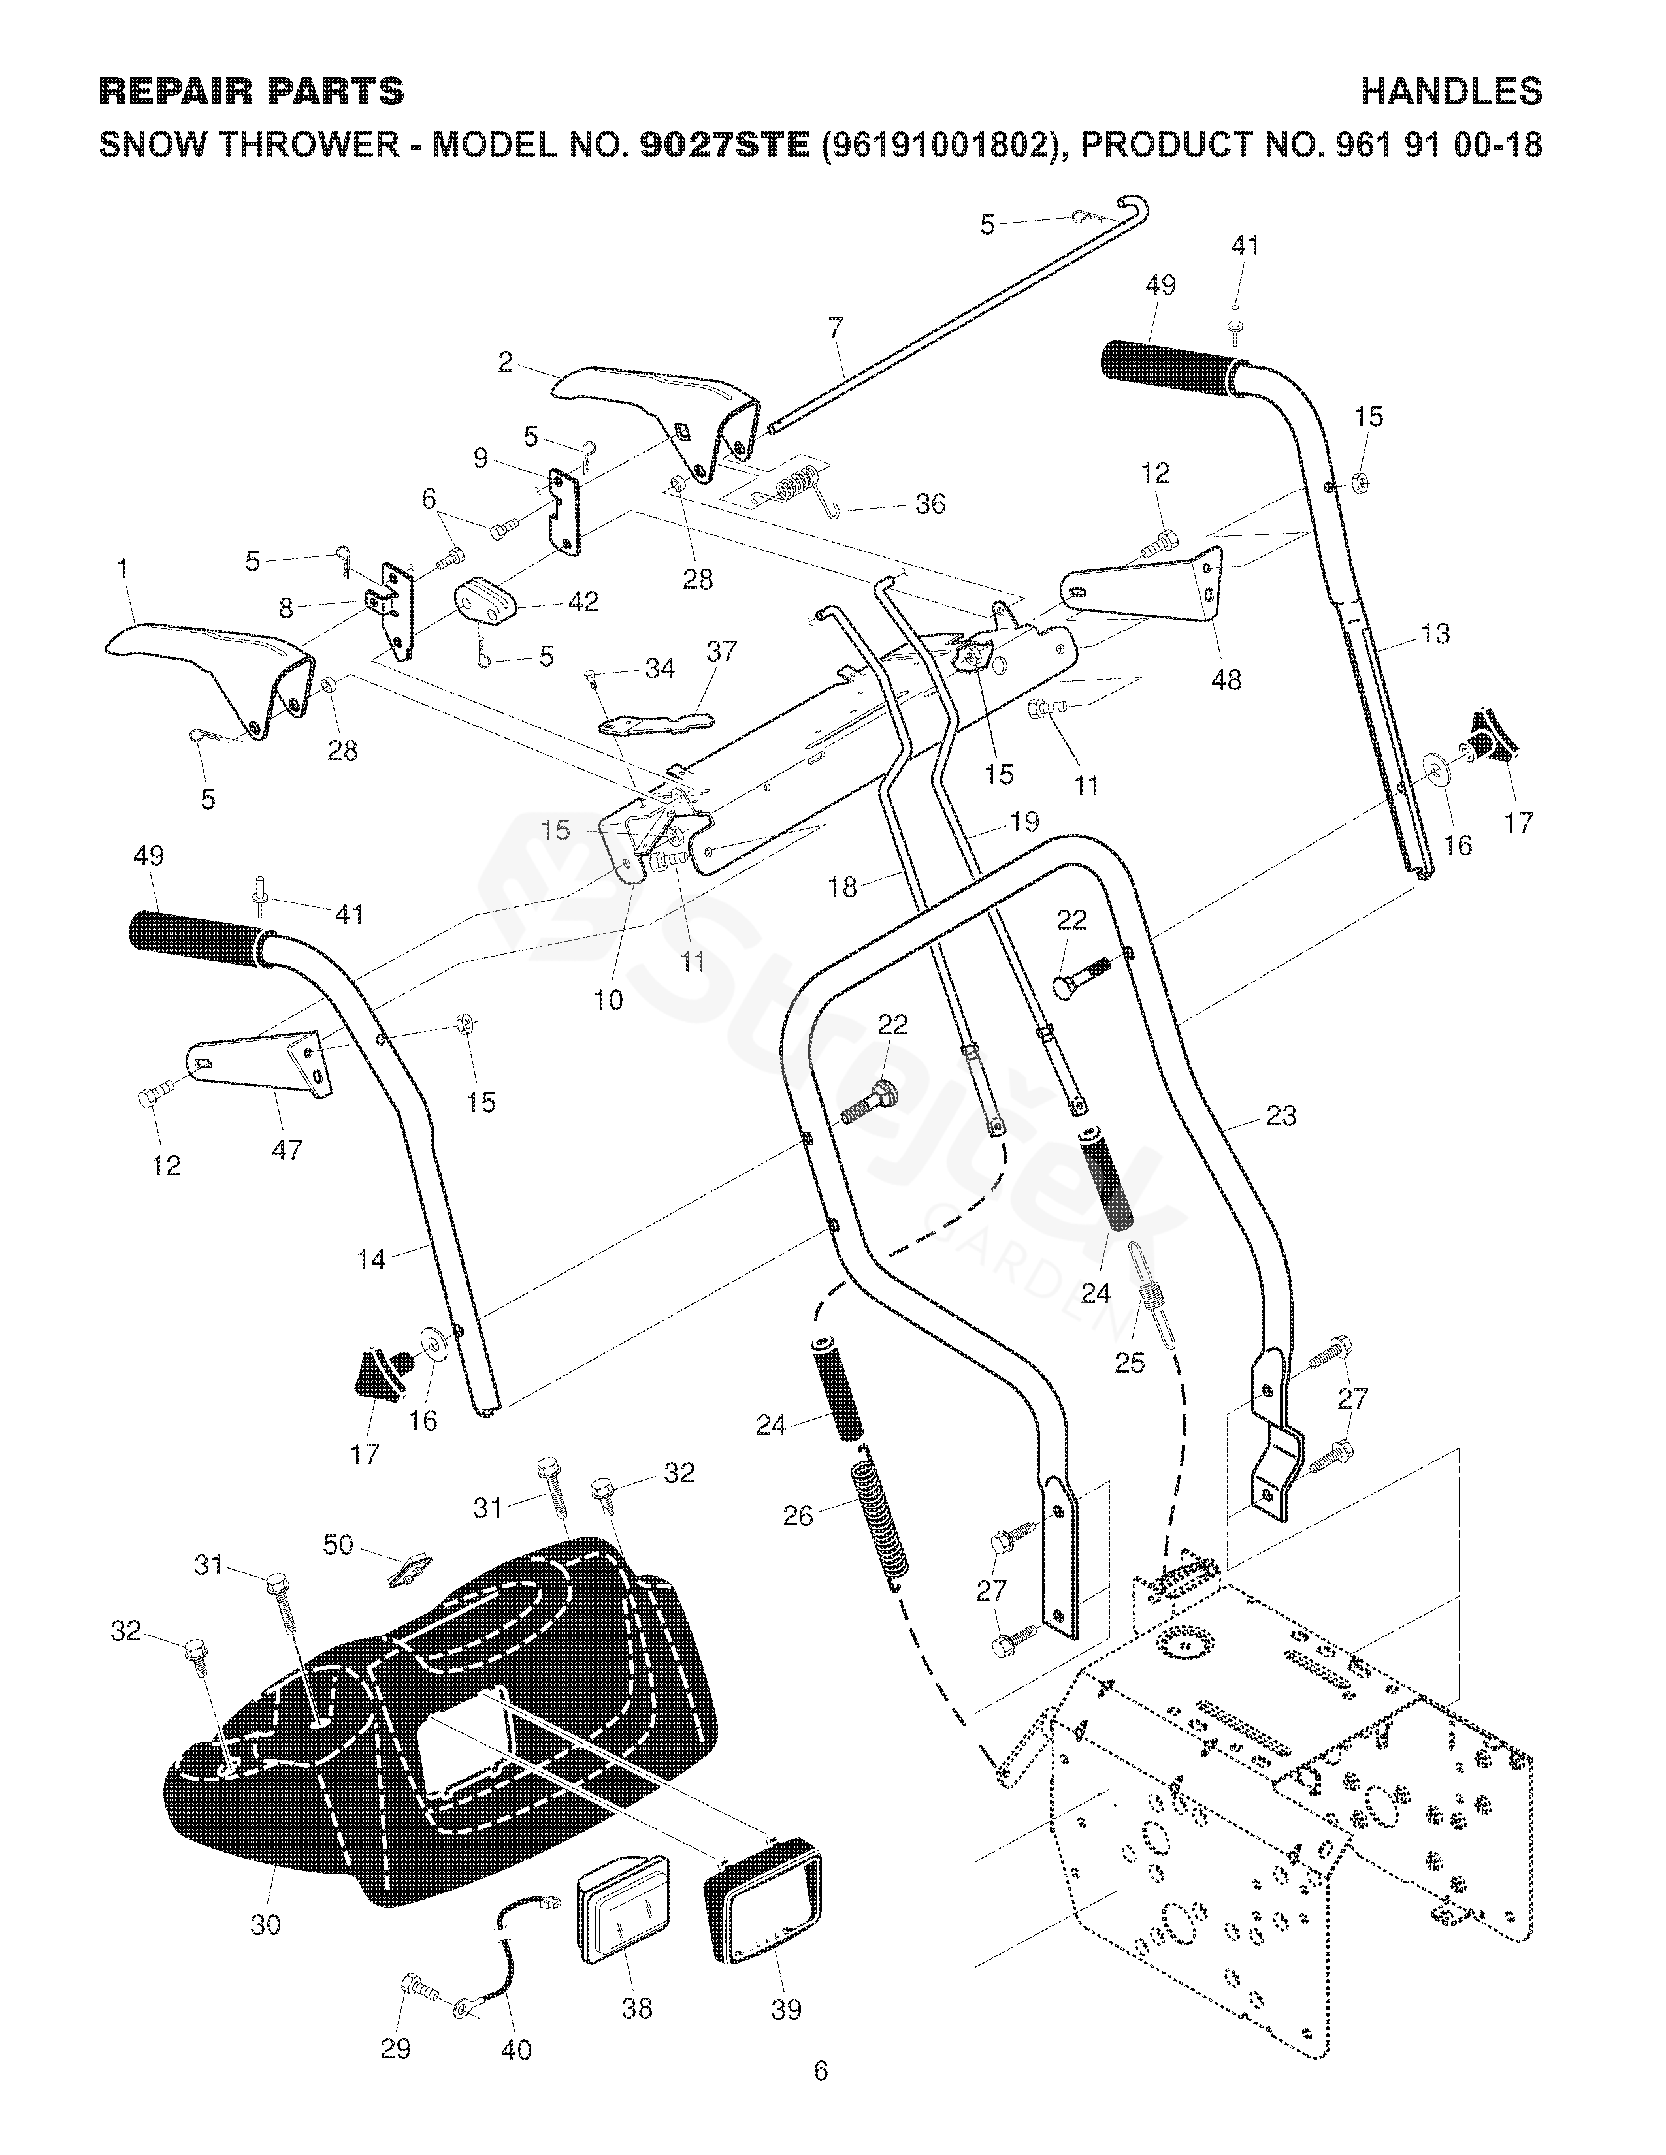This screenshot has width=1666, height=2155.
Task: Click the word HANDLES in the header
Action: point(1451,92)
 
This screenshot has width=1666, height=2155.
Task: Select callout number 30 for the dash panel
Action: point(265,1923)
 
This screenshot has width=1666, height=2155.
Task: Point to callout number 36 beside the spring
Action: point(930,504)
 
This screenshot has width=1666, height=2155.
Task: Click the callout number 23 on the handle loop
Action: point(1280,1116)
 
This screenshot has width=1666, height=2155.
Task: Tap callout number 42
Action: point(584,601)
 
